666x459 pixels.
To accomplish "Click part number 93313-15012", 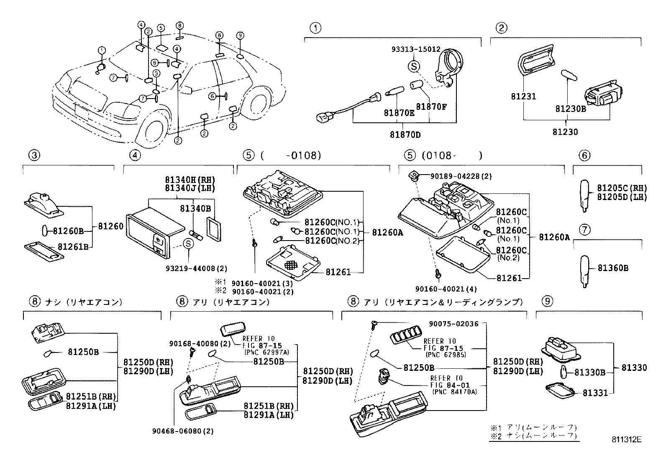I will (416, 49).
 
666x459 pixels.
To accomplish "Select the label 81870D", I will (405, 135).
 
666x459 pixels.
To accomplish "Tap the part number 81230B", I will (571, 109).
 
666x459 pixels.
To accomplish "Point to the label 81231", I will (523, 96).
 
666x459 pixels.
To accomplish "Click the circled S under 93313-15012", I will (414, 66).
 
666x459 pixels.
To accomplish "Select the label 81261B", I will (73, 246).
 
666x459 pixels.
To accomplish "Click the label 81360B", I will (613, 268).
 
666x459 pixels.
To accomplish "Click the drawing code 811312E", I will (626, 439).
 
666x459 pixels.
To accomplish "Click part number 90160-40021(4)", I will (446, 289).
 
